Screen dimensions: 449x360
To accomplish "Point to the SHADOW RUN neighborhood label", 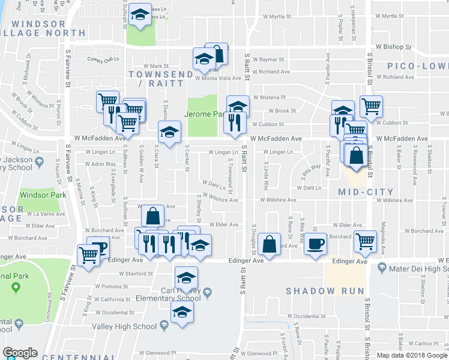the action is pos(325,291).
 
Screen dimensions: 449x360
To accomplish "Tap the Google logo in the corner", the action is pos(20,353).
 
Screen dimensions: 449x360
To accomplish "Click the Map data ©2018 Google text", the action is pos(412,355).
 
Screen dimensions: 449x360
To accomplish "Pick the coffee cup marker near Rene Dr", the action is pos(315,244).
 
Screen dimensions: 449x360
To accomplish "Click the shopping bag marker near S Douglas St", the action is pos(270,244).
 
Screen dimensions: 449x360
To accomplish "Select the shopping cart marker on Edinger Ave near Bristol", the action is pos(365,241).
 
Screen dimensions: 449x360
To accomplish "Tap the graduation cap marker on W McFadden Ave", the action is pos(169,132).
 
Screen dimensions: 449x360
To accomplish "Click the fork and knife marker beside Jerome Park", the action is pos(232,122).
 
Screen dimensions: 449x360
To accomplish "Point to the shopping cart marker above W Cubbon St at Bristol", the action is pos(371,106).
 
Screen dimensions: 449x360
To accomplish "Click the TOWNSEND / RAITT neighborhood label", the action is pos(157,79).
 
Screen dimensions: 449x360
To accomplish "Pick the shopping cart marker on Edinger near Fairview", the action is pos(88,255).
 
